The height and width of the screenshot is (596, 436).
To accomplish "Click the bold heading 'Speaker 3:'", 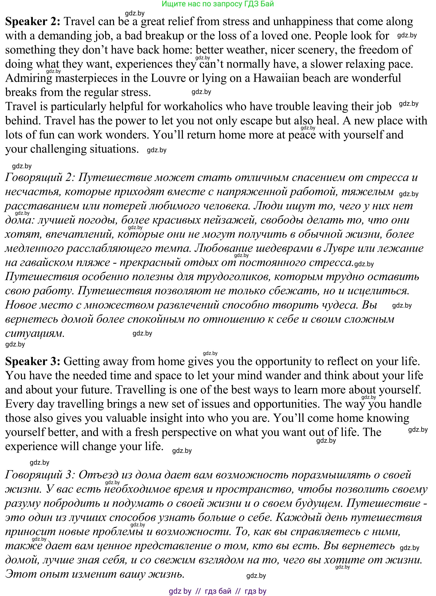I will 33,361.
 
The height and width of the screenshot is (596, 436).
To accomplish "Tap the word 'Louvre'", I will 165,78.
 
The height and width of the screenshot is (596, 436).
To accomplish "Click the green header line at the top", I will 217,4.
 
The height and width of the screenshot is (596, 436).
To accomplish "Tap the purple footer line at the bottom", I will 217,591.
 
